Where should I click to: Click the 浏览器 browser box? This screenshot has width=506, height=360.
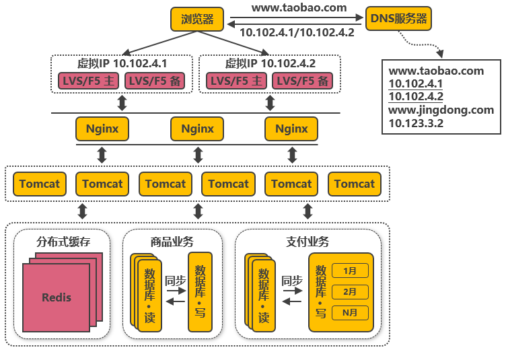(197, 19)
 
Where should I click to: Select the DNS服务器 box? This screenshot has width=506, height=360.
(398, 19)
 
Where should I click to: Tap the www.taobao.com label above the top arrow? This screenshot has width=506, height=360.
(299, 8)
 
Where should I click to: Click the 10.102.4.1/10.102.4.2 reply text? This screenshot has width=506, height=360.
(297, 32)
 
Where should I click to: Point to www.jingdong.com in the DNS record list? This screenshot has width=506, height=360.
(441, 110)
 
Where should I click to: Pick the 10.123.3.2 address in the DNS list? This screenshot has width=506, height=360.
(416, 123)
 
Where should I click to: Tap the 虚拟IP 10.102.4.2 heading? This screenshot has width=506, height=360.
(270, 63)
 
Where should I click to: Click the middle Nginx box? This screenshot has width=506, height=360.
(197, 129)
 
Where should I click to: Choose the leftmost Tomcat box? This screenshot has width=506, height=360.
(39, 184)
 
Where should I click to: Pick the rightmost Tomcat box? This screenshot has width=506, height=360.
(355, 184)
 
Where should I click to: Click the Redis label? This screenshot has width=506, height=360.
(57, 297)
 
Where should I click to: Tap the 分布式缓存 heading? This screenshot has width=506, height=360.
(63, 242)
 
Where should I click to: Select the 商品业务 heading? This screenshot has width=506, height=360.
(172, 242)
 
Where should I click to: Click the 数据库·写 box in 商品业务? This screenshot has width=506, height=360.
(200, 292)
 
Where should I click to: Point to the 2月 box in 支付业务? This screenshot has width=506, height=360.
(350, 291)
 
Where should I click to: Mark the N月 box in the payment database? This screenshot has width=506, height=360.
(350, 312)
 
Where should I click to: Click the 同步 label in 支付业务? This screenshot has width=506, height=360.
(292, 281)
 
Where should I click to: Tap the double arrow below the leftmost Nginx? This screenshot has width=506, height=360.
(102, 155)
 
